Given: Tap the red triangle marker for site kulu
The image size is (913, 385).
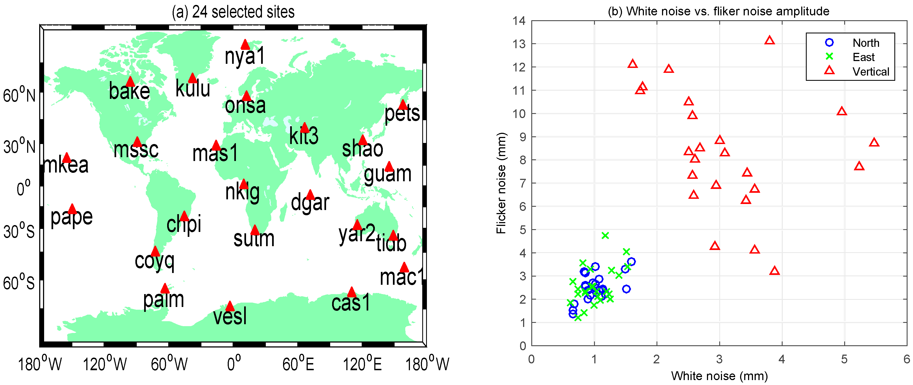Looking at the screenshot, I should (x=192, y=78).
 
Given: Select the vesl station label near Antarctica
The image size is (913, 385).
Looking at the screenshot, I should (x=230, y=316).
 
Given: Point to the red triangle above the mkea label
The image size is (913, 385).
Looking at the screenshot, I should (x=67, y=158).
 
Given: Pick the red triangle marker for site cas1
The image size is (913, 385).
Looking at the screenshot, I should (x=351, y=292).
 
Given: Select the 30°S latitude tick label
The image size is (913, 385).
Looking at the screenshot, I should (x=19, y=231).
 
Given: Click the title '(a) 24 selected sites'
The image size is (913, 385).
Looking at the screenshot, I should (x=233, y=12).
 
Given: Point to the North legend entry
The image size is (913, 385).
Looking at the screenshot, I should (x=866, y=43).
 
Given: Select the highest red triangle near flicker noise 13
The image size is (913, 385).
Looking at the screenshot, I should (x=769, y=40).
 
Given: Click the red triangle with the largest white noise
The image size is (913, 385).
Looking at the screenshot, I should (x=874, y=143).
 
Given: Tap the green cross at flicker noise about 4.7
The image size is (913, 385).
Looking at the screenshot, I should (x=605, y=235).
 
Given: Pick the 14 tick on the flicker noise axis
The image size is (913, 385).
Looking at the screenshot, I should (x=519, y=21).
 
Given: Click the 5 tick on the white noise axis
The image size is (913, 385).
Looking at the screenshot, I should (x=844, y=360).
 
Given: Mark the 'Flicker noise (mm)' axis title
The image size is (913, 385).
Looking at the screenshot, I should (x=501, y=183).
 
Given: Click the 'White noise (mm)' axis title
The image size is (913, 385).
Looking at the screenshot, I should (x=719, y=376).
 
